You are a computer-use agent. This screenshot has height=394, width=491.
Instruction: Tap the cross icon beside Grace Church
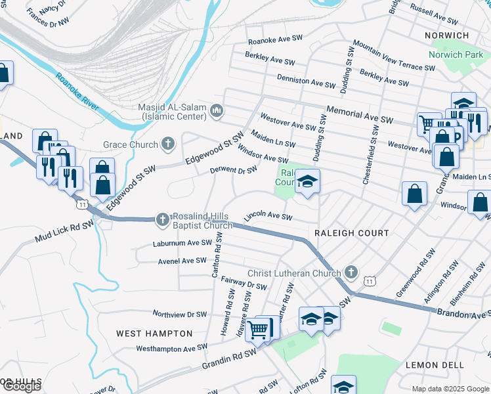coord(168,144)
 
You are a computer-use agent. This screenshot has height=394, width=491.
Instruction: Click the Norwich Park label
coord(456,55)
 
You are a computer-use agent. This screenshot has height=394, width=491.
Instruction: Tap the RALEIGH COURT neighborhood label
coord(352,233)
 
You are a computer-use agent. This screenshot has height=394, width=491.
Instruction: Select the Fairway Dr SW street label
coord(244,283)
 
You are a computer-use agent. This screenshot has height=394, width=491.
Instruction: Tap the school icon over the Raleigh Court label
coord(307,181)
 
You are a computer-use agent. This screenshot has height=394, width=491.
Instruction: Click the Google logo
coord(22,386)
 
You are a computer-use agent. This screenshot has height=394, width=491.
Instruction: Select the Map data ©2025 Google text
coord(450,389)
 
